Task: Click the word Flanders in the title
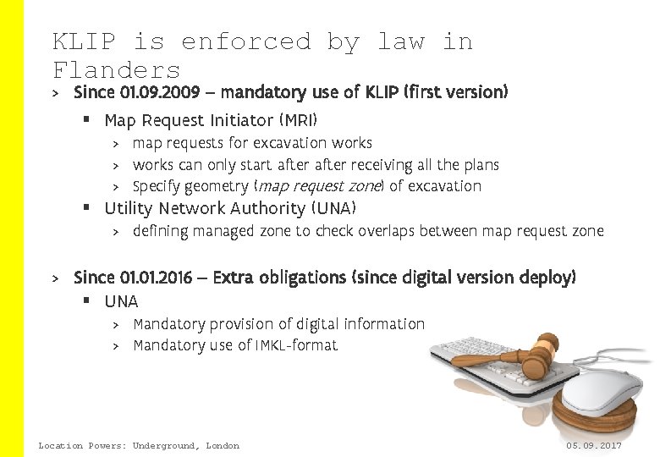click(x=117, y=69)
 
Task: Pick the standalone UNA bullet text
click(x=121, y=301)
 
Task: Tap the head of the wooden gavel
click(x=539, y=355)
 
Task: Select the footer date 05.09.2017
click(x=594, y=445)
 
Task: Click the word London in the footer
click(x=222, y=445)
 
